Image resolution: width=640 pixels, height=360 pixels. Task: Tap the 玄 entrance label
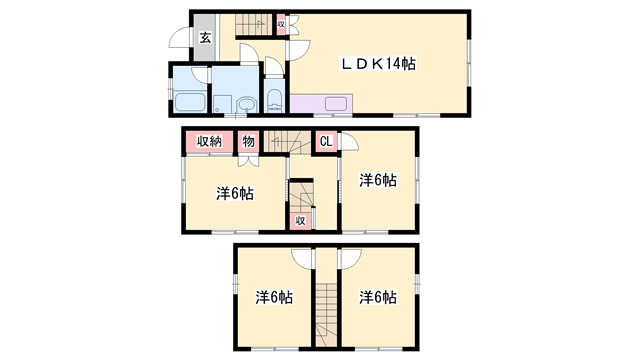204,39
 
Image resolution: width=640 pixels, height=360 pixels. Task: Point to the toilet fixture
274,100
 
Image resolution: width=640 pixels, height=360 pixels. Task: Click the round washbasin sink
247,103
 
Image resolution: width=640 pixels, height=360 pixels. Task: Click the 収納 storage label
209,142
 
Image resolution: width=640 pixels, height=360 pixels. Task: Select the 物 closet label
249,142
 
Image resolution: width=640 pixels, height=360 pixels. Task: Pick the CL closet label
325,142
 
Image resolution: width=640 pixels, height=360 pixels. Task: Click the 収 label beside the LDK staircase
282,24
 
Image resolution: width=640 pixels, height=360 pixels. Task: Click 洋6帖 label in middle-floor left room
234,192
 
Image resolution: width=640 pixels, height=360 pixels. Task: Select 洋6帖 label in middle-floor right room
378,180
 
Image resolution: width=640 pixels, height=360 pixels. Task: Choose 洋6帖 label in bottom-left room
273,297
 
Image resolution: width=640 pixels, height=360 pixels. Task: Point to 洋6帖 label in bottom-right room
378,297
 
